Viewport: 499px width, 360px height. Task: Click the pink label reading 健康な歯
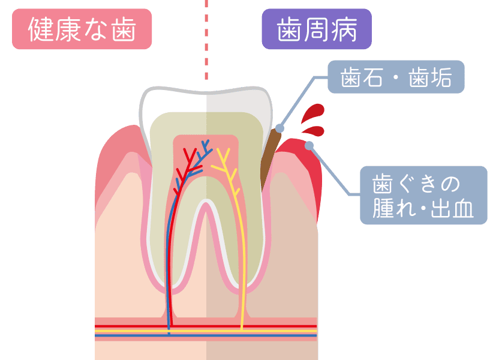click(x=82, y=29)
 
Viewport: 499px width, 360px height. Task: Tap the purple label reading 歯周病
click(x=317, y=29)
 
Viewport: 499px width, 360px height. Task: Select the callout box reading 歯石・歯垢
click(x=396, y=77)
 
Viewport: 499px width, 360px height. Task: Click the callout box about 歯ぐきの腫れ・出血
click(x=423, y=195)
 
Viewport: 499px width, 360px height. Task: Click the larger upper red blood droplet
click(x=312, y=113)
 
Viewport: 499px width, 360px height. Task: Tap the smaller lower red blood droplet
click(x=314, y=131)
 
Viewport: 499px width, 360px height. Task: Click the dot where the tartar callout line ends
click(x=279, y=128)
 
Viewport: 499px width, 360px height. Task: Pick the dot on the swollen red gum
click(x=309, y=146)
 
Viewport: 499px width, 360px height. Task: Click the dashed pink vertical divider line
click(x=206, y=40)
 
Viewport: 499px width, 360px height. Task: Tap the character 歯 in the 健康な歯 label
click(x=124, y=29)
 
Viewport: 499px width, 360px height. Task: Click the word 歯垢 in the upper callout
click(x=430, y=77)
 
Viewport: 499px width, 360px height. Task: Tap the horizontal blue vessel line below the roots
click(x=206, y=335)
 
